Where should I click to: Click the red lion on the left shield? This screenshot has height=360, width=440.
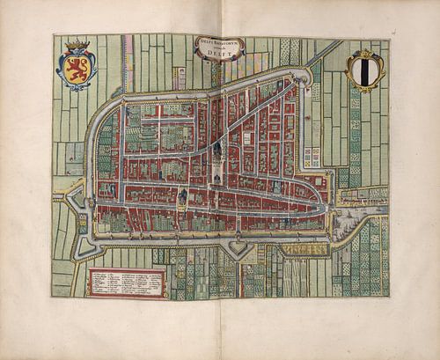(77, 70)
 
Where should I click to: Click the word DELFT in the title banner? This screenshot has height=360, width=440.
(219, 55)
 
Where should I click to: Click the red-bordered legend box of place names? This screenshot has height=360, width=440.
(128, 283)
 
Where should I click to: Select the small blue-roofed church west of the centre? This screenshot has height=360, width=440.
(182, 195)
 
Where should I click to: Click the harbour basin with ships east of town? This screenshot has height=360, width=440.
(356, 216)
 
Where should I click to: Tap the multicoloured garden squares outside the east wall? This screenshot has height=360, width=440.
(312, 157)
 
